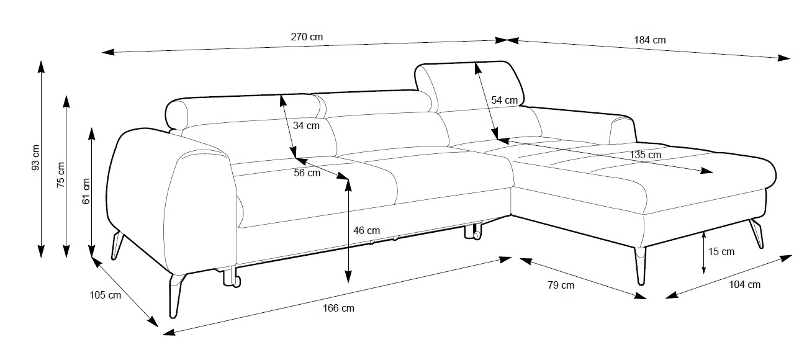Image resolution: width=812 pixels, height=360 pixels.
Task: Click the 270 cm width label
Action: click(x=307, y=37)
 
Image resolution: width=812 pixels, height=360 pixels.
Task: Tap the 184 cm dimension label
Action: click(x=649, y=40)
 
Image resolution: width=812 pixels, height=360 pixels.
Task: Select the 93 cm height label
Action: click(x=35, y=158)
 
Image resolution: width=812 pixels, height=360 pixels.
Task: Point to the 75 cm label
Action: click(x=60, y=174)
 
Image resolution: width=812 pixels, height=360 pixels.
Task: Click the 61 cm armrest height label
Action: click(x=86, y=191)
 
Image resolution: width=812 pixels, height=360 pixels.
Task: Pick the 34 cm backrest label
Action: click(x=306, y=125)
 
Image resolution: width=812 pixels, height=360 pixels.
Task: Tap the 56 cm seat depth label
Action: click(x=307, y=173)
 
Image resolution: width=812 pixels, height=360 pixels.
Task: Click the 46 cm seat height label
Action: click(x=366, y=230)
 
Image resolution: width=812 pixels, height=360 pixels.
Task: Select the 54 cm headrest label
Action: click(x=504, y=100)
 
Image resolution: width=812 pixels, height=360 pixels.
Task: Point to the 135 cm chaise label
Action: click(x=645, y=155)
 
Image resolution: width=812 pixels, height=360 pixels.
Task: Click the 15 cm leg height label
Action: click(x=721, y=251)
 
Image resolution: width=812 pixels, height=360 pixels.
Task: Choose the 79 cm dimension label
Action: click(x=561, y=286)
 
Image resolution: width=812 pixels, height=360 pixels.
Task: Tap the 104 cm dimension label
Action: click(x=745, y=285)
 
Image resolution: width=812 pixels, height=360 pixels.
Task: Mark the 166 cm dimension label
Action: click(x=339, y=308)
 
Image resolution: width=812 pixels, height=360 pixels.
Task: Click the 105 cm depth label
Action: click(x=106, y=295)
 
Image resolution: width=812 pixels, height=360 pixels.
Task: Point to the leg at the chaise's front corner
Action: click(x=641, y=266)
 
